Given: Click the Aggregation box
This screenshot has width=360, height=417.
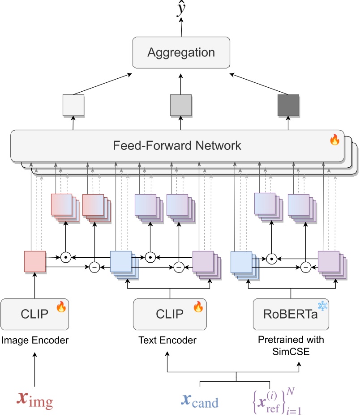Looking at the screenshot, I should [x=181, y=52].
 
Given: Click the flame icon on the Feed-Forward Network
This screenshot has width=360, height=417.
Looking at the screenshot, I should [x=334, y=140].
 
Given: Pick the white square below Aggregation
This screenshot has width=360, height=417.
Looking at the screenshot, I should [x=73, y=106].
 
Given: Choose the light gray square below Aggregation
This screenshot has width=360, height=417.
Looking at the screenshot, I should [x=181, y=106].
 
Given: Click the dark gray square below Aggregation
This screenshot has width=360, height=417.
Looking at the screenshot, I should [x=288, y=106].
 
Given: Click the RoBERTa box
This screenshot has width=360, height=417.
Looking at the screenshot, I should [x=291, y=314].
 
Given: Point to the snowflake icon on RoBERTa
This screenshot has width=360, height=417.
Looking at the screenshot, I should [x=322, y=306].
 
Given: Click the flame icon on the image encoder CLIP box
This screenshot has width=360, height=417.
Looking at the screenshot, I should [x=61, y=307].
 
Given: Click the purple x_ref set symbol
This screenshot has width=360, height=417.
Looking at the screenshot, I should [x=274, y=400].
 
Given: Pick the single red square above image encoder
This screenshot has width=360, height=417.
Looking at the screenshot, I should [x=35, y=261].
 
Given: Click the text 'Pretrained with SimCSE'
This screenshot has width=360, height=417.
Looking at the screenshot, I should [x=291, y=345].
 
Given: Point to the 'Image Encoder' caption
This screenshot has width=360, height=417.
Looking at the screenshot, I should [x=35, y=340].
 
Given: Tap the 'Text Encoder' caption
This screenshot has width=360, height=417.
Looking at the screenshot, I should [x=167, y=340].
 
